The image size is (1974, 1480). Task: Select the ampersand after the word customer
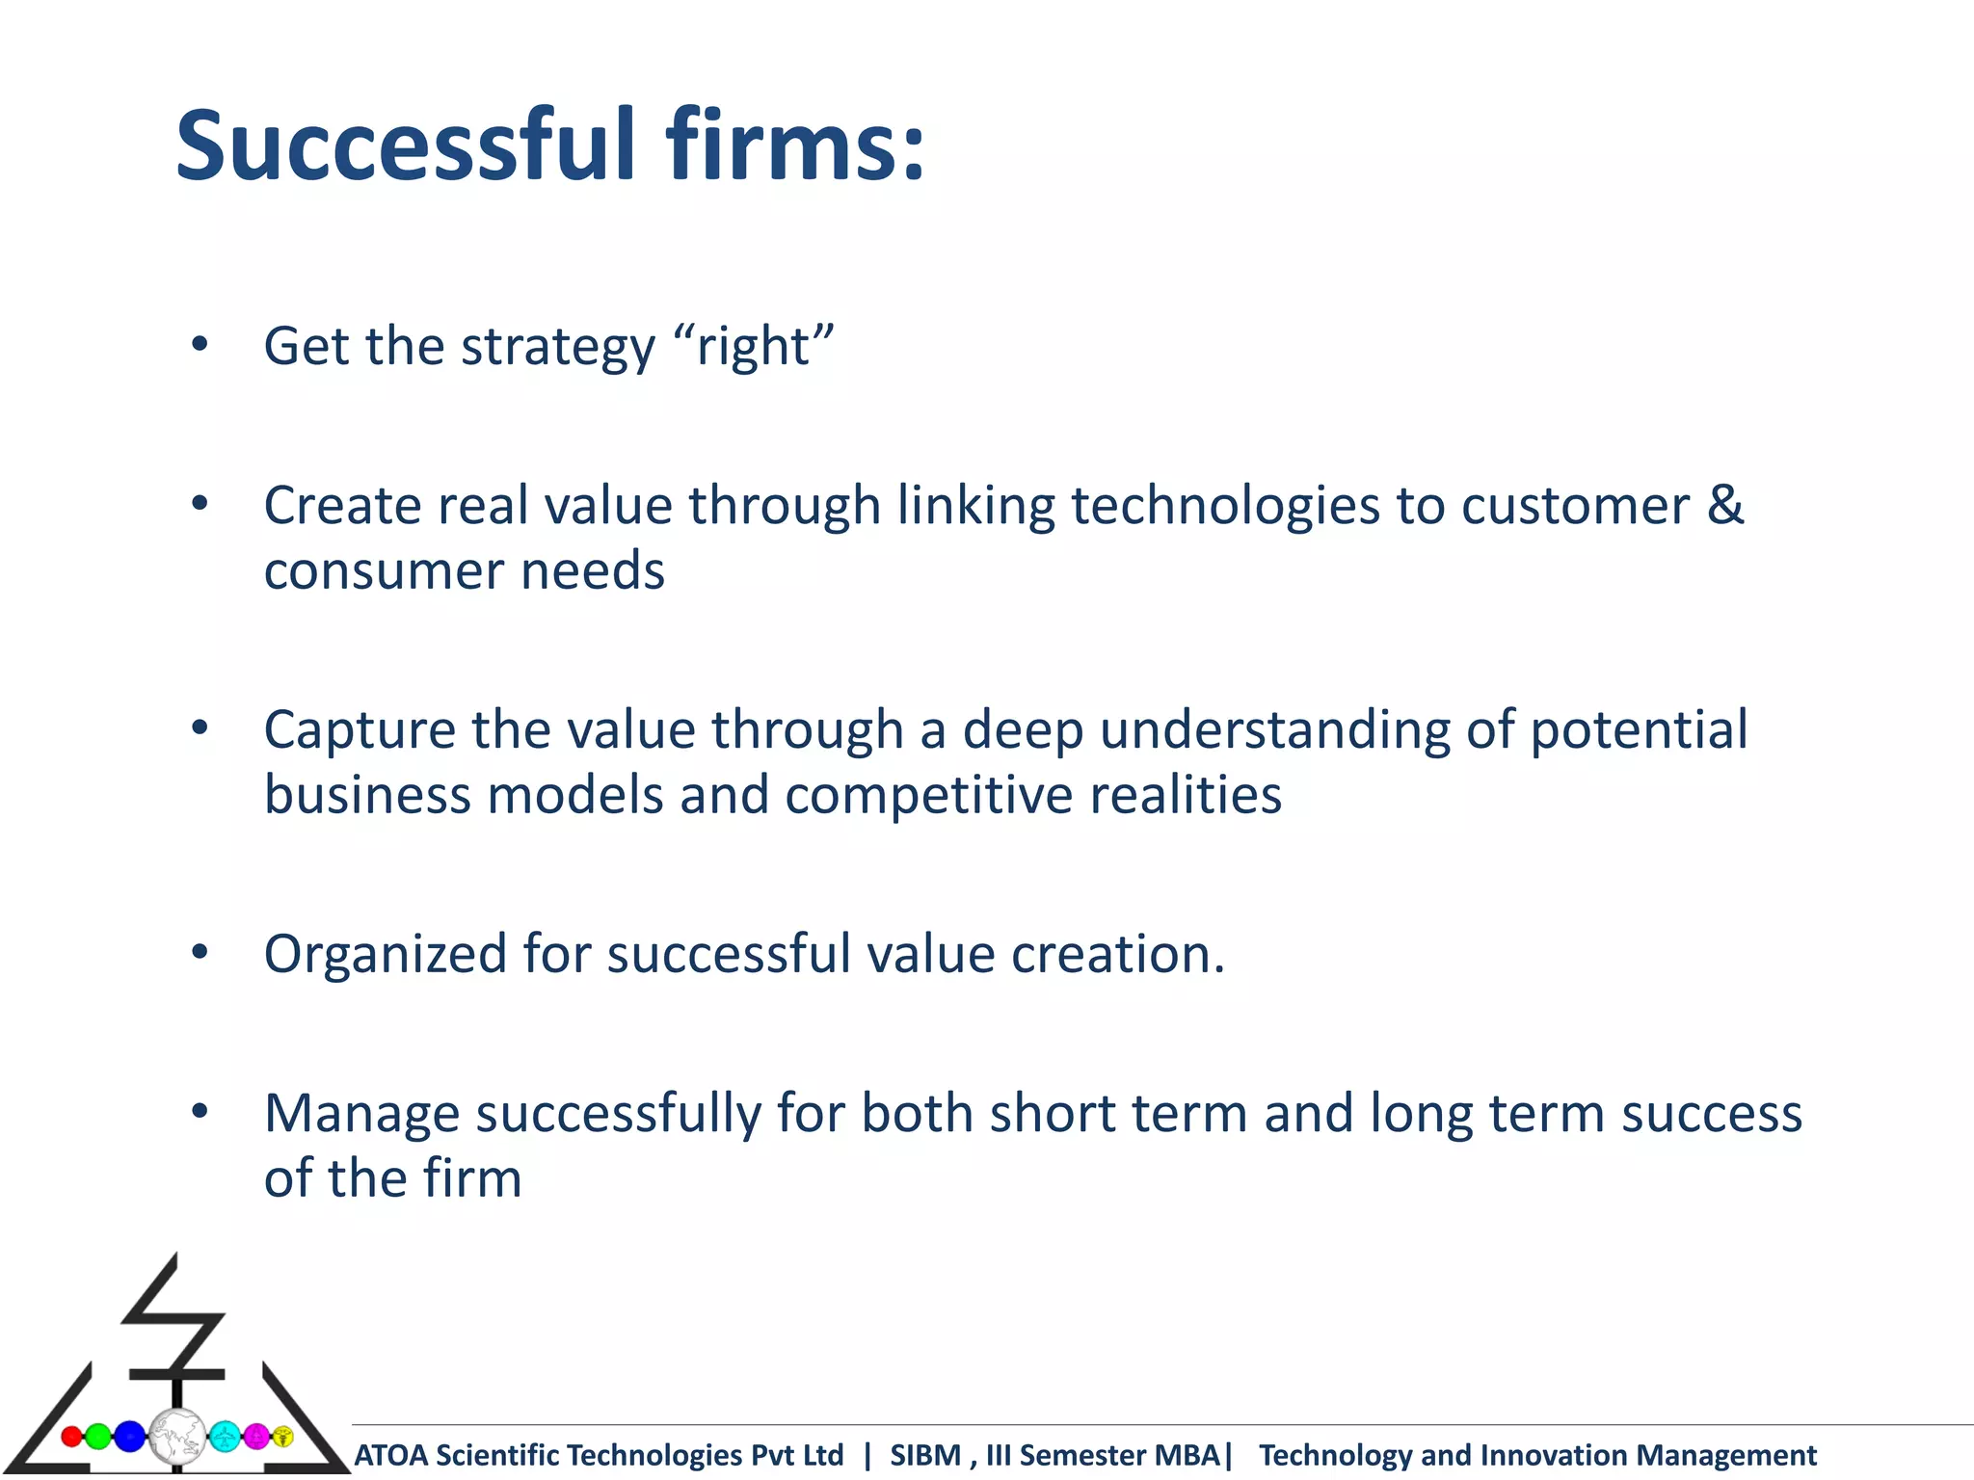pos(1725,505)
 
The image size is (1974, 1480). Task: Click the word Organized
pos(386,956)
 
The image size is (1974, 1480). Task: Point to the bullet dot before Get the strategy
pos(200,344)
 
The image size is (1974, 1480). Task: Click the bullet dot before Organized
pos(200,953)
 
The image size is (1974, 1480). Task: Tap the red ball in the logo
pos(70,1437)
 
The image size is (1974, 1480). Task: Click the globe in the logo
pos(177,1437)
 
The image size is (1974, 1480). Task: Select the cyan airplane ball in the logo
pos(225,1437)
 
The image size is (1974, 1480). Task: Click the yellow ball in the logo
pos(283,1436)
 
